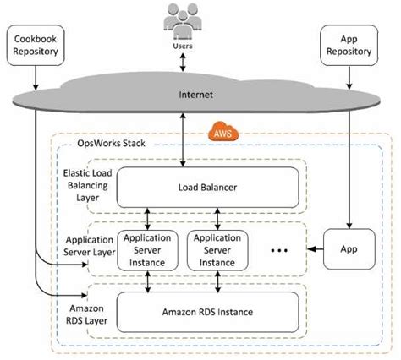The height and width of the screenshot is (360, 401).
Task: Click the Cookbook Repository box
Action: click(x=35, y=44)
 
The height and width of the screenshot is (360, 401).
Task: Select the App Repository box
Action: click(x=348, y=44)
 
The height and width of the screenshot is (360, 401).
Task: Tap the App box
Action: click(x=348, y=250)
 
